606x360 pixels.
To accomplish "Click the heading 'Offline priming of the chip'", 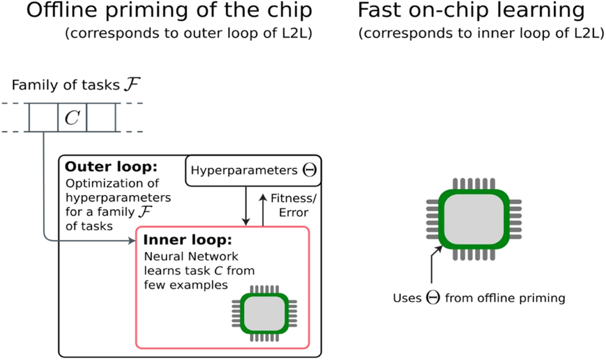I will pyautogui.click(x=169, y=11).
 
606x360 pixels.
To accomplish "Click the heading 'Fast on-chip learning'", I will pyautogui.click(x=471, y=11).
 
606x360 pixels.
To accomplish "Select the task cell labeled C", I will pyautogui.click(x=72, y=117).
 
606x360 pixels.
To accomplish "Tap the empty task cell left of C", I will pyautogui.click(x=43, y=117).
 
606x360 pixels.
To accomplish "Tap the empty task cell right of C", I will pyautogui.click(x=101, y=117).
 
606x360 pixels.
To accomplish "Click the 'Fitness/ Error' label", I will pyautogui.click(x=289, y=206).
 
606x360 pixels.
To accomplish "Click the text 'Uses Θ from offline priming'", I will pyautogui.click(x=479, y=298).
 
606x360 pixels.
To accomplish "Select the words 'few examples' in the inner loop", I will pyautogui.click(x=185, y=285).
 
